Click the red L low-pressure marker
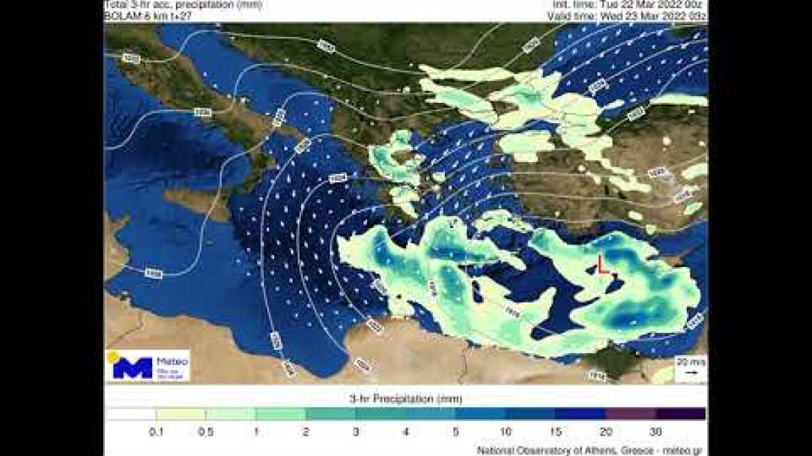603,264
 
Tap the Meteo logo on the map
147,366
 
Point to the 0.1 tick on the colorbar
156,432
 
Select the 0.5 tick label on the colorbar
206,432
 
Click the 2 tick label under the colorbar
306,432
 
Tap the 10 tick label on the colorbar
505,432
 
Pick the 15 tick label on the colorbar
555,432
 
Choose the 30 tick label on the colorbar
655,432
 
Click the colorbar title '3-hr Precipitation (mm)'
405,399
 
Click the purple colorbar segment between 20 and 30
630,414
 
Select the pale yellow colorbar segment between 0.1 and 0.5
181,414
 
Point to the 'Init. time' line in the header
632,4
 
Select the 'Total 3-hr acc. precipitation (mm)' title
181,4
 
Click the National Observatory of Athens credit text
590,450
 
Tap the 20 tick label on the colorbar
606,432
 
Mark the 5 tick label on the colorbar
455,432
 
